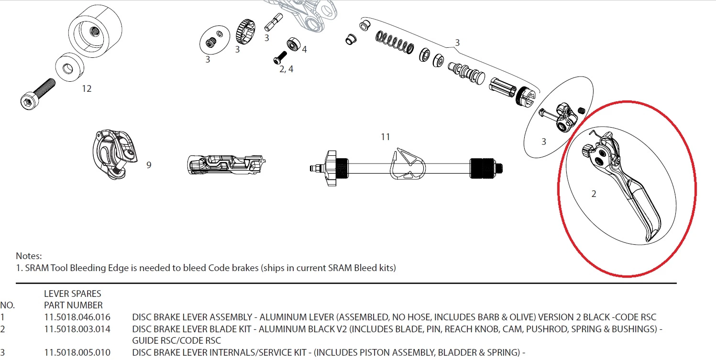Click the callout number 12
pos(87,88)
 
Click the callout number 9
pos(149,165)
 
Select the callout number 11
pos(386,137)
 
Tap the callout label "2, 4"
pos(286,69)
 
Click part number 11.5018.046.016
pos(77,317)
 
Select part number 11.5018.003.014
pos(77,329)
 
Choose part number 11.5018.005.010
pos(77,353)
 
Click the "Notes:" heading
pos(29,256)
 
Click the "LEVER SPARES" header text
pos(72,294)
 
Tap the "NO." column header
pos(8,305)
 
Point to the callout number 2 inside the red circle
pos(594,194)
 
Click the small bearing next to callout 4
pos(293,45)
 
